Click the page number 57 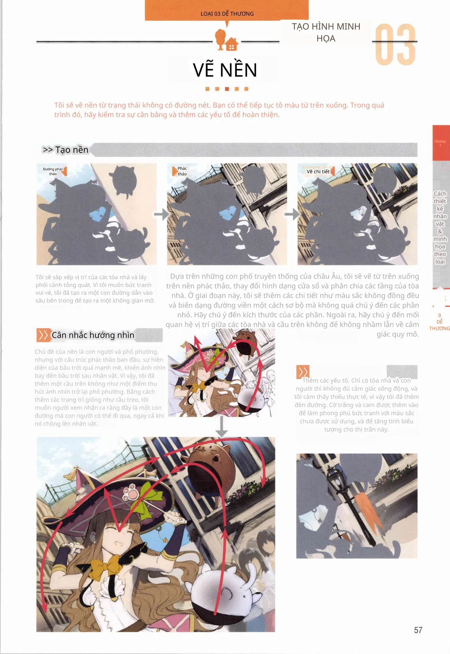pyautogui.click(x=418, y=630)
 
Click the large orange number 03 pyautogui.click(x=396, y=45)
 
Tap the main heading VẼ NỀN pyautogui.click(x=225, y=70)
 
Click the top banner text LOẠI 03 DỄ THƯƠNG pyautogui.click(x=227, y=14)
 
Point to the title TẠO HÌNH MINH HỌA pyautogui.click(x=326, y=32)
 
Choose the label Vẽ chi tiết pyautogui.click(x=318, y=171)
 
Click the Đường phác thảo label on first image pyautogui.click(x=53, y=171)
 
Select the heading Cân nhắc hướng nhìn pyautogui.click(x=93, y=335)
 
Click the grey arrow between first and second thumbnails pyautogui.click(x=162, y=214)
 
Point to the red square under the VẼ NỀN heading pyautogui.click(x=227, y=89)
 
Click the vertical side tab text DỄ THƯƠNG pyautogui.click(x=439, y=325)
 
